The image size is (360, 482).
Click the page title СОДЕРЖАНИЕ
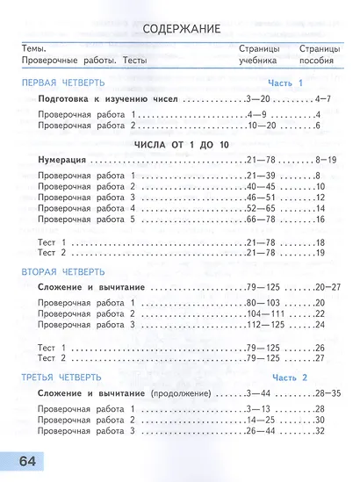[x=179, y=30]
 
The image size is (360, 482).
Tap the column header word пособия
[x=316, y=61]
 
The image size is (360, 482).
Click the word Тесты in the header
[x=133, y=61]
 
